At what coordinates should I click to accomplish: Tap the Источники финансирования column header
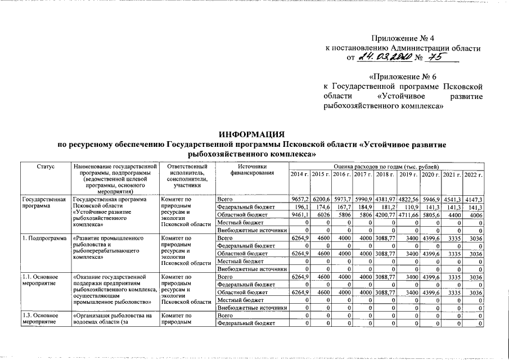click(x=251, y=170)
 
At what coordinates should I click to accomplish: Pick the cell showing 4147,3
click(x=474, y=200)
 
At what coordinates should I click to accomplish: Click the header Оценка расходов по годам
click(x=386, y=167)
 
